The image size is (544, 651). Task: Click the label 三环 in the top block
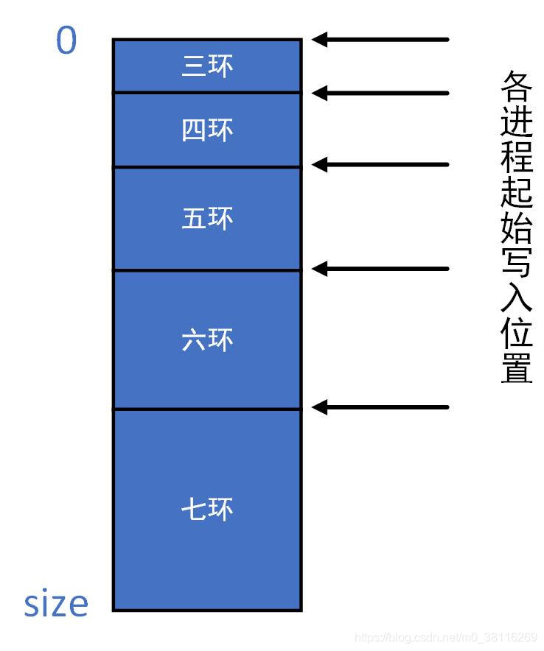207,66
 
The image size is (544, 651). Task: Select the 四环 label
207,130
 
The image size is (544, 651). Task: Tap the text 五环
207,219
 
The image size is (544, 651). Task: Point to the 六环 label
207,339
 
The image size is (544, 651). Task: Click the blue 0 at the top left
66,41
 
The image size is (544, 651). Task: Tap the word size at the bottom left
56,604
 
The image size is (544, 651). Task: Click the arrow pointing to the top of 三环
380,39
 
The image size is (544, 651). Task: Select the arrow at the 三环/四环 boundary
380,93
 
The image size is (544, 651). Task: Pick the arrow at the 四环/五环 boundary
380,164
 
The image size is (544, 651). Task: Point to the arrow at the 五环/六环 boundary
380,269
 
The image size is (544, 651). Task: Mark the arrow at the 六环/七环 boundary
380,407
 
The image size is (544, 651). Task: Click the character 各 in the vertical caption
517,87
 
